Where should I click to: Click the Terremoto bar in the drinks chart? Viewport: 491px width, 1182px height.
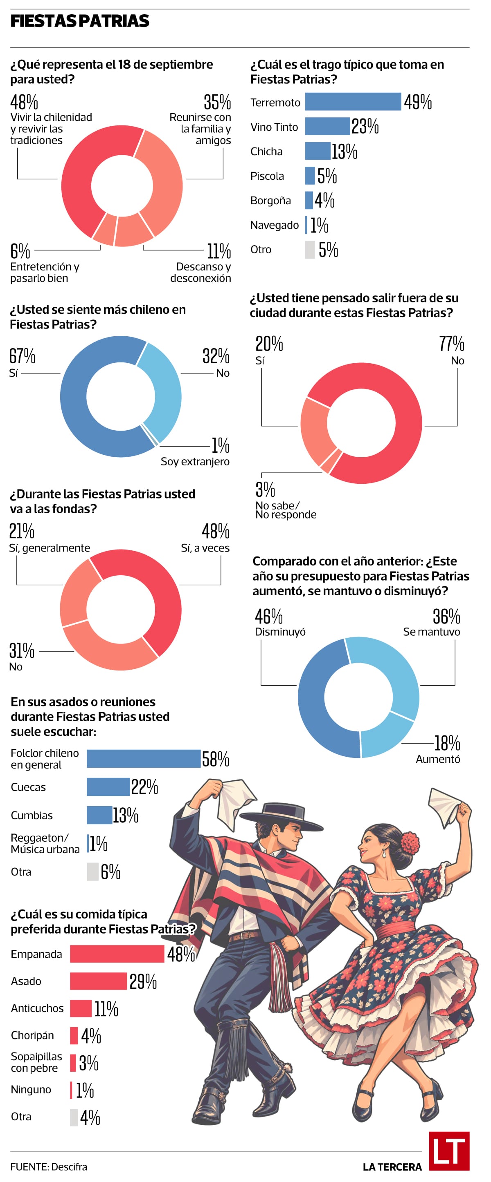pos(353,102)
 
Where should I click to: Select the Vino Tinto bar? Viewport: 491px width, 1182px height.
pos(327,126)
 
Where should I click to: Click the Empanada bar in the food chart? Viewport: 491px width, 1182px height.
pos(117,954)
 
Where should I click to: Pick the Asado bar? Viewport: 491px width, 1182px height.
pos(98,981)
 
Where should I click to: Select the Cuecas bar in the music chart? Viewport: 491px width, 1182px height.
pos(108,787)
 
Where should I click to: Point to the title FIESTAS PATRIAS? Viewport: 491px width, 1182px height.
pos(79,21)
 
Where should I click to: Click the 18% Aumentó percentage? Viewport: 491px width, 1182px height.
pos(447,743)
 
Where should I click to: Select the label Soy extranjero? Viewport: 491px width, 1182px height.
pos(195,462)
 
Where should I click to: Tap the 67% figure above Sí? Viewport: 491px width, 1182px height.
pos(22,355)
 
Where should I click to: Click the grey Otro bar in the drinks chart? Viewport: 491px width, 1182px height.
pos(310,250)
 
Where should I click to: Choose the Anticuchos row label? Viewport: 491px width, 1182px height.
pos(37,1008)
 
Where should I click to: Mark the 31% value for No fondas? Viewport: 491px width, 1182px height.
pos(22,650)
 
